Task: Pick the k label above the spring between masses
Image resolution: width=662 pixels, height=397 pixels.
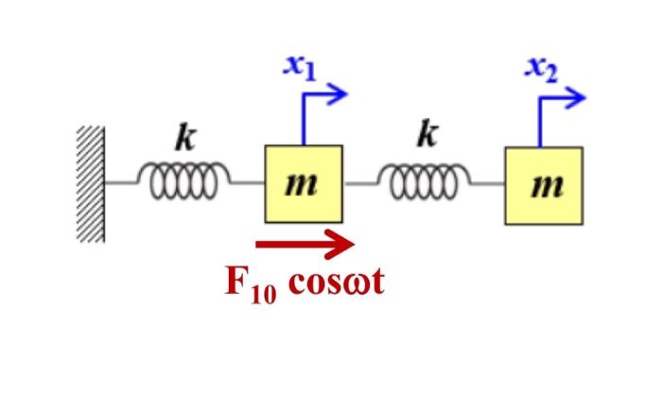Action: (427, 135)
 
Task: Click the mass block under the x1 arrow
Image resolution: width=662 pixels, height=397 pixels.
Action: (304, 184)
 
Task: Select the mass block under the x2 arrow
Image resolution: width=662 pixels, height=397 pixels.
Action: (544, 185)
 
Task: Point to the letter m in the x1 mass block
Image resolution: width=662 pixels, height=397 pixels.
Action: (304, 185)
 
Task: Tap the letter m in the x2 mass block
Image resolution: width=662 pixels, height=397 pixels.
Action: (544, 186)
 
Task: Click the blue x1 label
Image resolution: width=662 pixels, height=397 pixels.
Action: (300, 67)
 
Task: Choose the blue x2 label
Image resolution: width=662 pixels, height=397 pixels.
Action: (541, 68)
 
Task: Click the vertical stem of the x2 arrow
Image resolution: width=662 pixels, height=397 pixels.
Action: (540, 121)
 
